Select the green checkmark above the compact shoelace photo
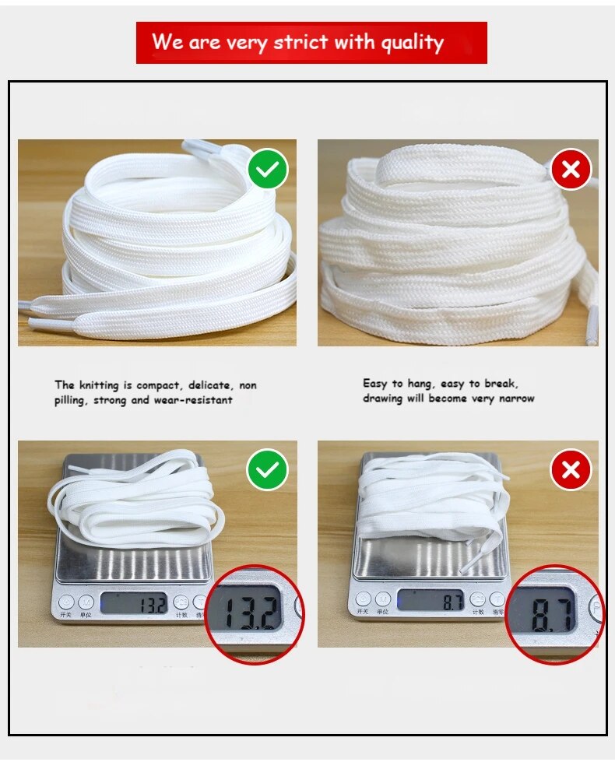(268, 170)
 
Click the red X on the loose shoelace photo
(571, 170)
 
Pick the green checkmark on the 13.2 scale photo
(268, 470)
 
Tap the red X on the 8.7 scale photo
(571, 470)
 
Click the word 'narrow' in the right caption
(516, 399)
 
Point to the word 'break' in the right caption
(501, 384)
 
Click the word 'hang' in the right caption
(420, 384)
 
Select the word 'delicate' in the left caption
(209, 385)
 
